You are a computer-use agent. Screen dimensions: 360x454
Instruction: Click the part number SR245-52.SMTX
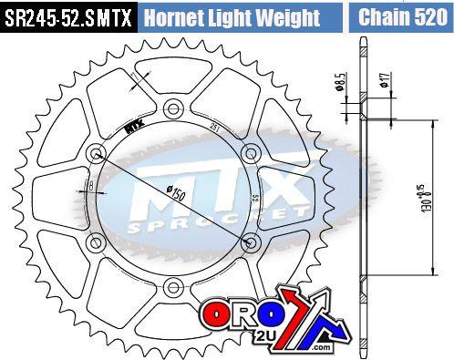pyautogui.click(x=68, y=16)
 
